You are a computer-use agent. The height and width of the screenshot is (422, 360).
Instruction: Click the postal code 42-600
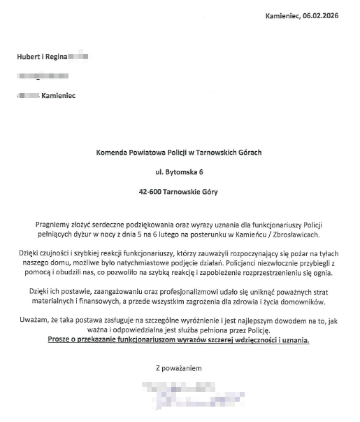(152, 190)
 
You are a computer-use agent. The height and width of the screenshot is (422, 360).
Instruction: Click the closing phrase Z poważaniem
(179, 367)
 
